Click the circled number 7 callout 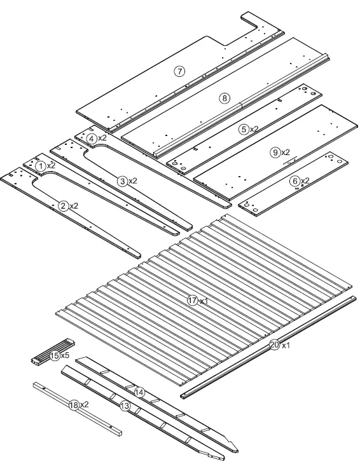180,71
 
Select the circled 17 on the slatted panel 193,301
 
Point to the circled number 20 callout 274,345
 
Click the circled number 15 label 55,355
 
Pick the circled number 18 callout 74,405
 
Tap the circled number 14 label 139,393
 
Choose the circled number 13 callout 125,406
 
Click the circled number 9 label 275,153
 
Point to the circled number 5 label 244,128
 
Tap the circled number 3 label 122,181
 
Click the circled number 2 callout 63,205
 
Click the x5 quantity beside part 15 65,355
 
